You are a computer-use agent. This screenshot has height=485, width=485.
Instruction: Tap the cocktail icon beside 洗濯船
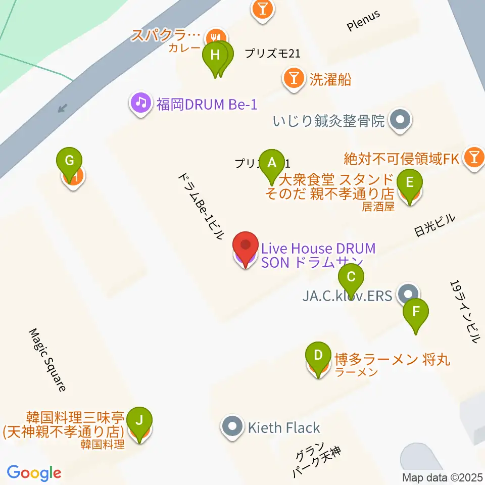coord(294,79)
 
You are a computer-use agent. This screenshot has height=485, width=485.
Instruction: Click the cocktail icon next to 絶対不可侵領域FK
coord(474,159)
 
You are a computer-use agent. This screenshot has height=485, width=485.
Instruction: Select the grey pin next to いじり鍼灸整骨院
coord(402,121)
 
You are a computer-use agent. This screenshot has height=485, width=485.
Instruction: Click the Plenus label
coord(363,22)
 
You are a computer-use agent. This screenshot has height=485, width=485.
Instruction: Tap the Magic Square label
coord(48,360)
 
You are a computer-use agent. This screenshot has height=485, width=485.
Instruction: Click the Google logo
coord(34,473)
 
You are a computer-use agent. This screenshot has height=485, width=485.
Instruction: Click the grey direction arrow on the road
coord(63,107)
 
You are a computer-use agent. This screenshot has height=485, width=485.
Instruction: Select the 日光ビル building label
coord(434,225)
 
